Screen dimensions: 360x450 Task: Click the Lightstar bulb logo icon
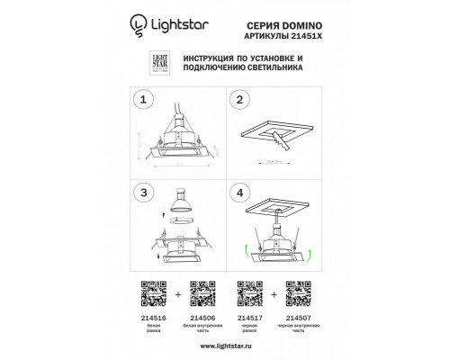pyautogui.click(x=139, y=28)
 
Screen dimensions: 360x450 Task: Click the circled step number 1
pyautogui.click(x=140, y=100)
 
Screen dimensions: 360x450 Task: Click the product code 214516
pyautogui.click(x=153, y=315)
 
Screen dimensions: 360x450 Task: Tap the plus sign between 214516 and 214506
pyautogui.click(x=178, y=292)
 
